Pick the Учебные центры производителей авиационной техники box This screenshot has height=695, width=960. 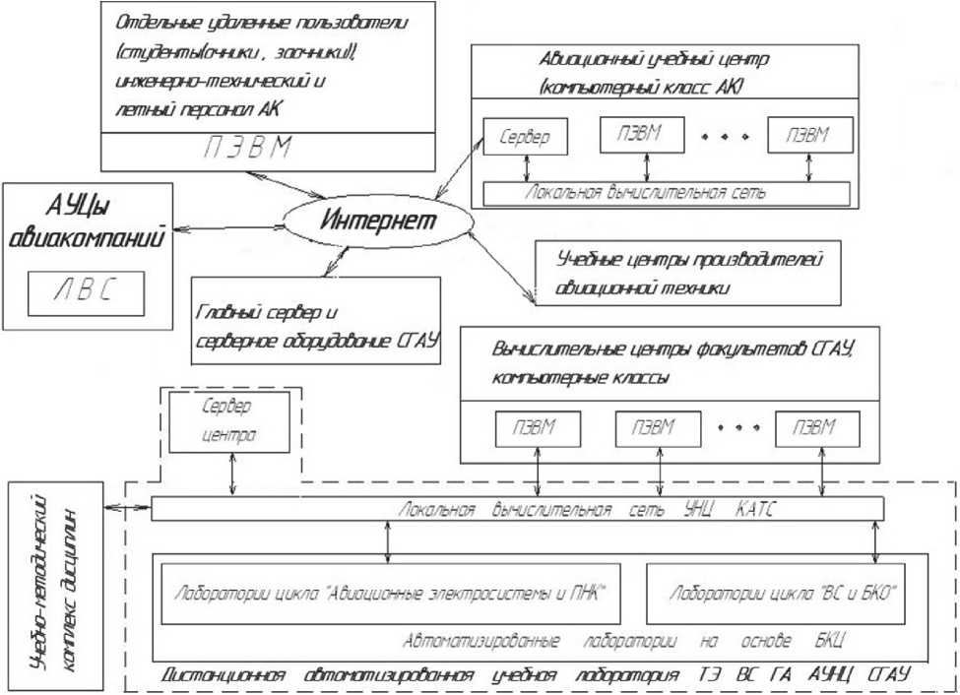[687, 272]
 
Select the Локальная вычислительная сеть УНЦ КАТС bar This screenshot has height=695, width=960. [516, 509]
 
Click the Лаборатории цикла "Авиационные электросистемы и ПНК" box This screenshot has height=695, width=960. [390, 594]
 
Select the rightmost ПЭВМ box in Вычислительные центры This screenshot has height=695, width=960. [816, 428]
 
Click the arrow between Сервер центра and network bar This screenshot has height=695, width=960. [231, 476]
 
